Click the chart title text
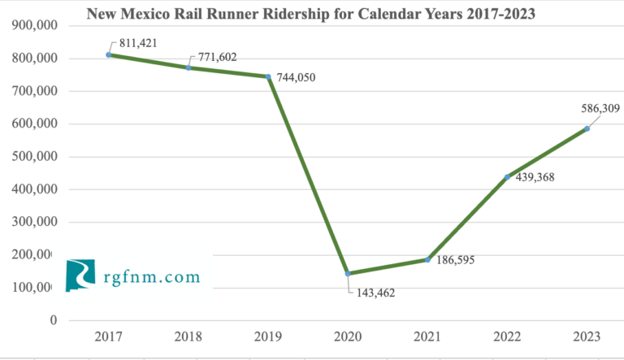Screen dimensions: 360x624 click(x=311, y=14)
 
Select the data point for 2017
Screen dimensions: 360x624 click(x=109, y=54)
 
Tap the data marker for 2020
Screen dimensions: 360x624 click(x=348, y=274)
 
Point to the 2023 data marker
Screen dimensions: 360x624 click(x=587, y=128)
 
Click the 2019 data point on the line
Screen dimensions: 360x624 click(x=268, y=77)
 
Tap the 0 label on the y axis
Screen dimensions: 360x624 click(x=53, y=320)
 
